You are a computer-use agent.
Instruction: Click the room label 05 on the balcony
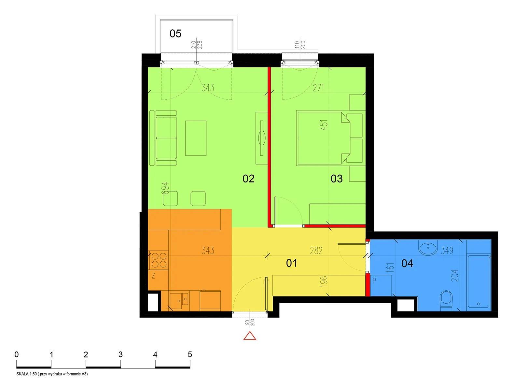(x=175, y=34)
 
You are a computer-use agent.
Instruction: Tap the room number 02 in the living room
(x=248, y=179)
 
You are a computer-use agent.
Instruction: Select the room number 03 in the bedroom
(x=337, y=179)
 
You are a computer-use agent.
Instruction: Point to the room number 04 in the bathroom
(x=407, y=263)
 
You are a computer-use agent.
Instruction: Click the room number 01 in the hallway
(x=291, y=263)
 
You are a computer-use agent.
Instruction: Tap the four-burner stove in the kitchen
(x=159, y=260)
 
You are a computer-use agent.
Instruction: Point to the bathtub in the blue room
(x=478, y=281)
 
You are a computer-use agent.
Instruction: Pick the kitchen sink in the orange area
(x=179, y=299)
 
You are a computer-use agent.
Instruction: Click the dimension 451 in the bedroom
(x=325, y=125)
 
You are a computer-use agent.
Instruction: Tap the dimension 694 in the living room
(x=165, y=188)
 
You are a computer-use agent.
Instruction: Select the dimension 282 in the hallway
(x=316, y=251)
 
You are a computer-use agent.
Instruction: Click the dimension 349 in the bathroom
(x=447, y=251)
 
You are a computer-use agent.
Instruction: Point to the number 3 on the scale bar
(x=120, y=355)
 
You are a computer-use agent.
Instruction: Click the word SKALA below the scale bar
(x=23, y=374)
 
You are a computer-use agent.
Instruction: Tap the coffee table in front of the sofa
(x=196, y=138)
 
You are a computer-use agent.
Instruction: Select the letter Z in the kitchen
(x=153, y=276)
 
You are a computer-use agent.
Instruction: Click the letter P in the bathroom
(x=374, y=281)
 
